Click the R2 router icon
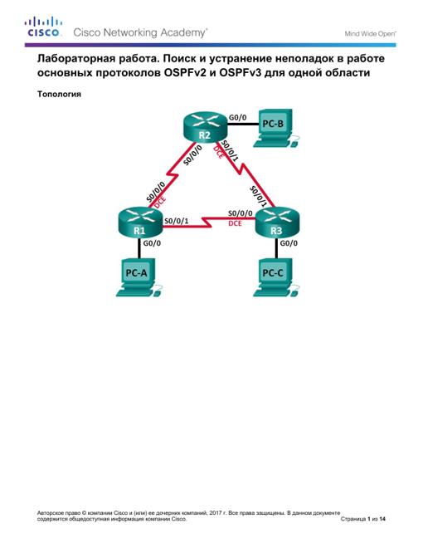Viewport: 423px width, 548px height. point(205,127)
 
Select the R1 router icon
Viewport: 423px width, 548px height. point(140,223)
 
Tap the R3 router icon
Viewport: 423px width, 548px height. point(278,223)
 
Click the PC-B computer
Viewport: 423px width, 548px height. point(276,128)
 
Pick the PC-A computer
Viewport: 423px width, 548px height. point(139,278)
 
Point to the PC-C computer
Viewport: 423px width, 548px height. point(276,278)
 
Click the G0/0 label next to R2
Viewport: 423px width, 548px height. point(237,117)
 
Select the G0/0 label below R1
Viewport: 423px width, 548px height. point(152,243)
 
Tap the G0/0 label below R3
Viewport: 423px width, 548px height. point(289,243)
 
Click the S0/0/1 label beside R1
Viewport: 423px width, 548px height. point(176,221)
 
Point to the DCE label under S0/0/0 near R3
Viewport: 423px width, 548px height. point(236,223)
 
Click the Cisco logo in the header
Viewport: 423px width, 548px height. point(43,27)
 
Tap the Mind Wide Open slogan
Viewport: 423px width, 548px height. point(370,34)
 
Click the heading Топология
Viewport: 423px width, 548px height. point(59,94)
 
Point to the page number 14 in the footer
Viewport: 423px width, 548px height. point(382,519)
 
